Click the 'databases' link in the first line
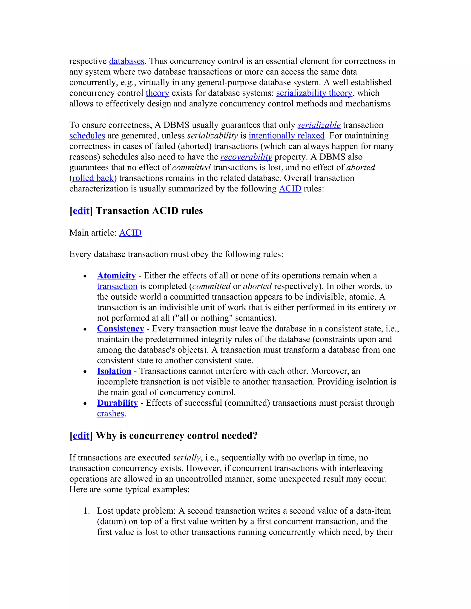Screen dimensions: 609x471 (126, 61)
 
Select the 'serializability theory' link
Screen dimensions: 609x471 (314, 93)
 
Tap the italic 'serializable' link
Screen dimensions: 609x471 (319, 125)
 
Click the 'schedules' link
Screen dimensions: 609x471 (87, 136)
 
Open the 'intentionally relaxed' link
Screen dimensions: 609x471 (287, 136)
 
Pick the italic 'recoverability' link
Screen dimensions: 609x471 (246, 157)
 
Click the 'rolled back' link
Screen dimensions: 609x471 (93, 178)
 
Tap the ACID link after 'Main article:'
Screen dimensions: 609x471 (130, 233)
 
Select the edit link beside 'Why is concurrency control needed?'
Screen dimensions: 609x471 (81, 436)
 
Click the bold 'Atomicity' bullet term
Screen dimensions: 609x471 (116, 276)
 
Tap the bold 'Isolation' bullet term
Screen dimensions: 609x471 (114, 371)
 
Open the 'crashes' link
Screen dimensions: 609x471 (110, 414)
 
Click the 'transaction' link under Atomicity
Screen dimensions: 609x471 (117, 286)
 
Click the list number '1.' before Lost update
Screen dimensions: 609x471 (86, 511)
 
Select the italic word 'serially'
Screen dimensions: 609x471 (186, 458)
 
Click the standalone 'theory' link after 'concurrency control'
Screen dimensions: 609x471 (157, 93)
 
